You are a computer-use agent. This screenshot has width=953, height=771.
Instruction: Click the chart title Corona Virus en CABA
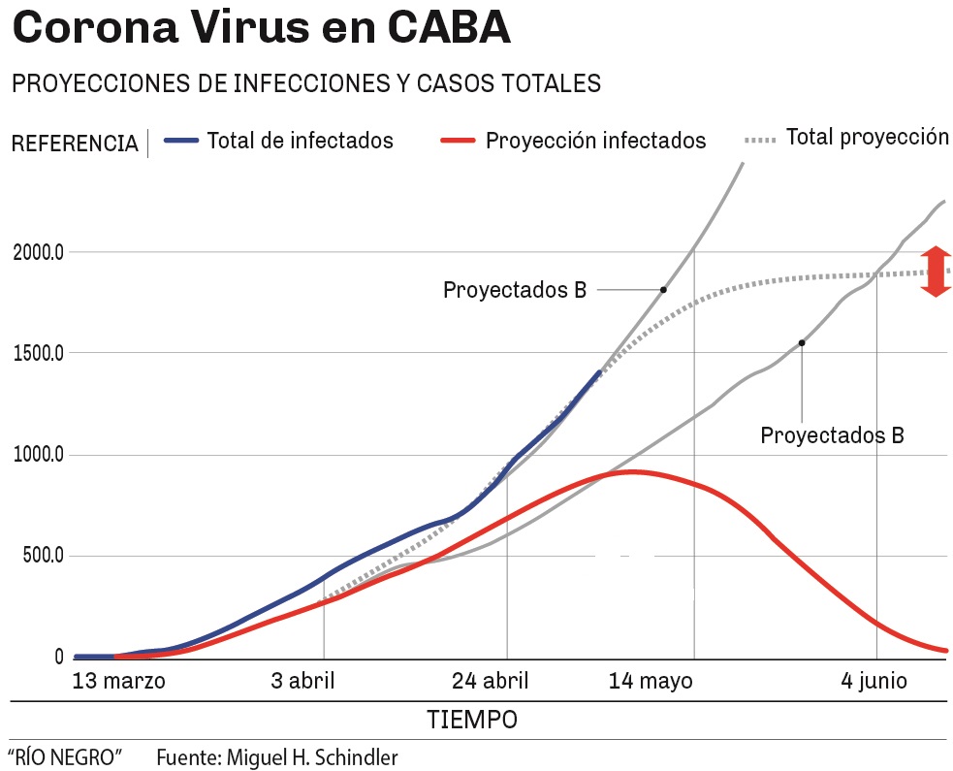tap(261, 29)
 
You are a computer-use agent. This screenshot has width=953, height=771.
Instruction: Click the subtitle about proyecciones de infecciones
tap(305, 83)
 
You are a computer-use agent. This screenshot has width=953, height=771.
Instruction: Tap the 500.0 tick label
tap(43, 557)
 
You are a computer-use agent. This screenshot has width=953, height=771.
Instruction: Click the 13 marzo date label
tap(119, 681)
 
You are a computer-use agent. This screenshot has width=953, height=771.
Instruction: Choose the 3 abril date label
tap(302, 681)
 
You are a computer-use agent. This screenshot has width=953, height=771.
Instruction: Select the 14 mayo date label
tap(651, 681)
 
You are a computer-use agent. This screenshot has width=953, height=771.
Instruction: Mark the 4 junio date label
tap(874, 681)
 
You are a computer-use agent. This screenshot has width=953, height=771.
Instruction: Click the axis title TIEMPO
tap(472, 721)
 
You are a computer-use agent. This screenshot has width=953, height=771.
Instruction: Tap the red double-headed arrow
tap(937, 271)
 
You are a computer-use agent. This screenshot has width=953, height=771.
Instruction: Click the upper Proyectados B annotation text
tap(515, 290)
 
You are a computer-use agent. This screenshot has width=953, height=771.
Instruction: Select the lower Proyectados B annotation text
tap(832, 435)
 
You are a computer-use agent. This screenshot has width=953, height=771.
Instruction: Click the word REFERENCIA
tap(74, 145)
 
